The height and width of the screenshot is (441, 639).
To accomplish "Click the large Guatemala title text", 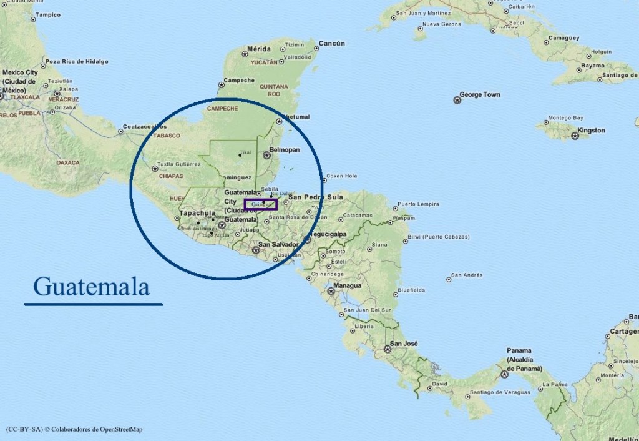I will click(92, 287).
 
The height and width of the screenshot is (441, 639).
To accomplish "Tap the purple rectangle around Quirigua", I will click(260, 204).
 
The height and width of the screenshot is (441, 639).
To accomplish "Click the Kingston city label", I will click(591, 131).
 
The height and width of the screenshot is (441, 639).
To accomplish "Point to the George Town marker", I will click(457, 100).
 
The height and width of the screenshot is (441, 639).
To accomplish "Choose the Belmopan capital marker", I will click(266, 155).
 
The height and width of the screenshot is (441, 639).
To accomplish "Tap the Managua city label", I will click(348, 285).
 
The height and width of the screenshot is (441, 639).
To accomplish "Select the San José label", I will click(404, 344).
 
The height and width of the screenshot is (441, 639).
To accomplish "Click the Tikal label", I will click(245, 152).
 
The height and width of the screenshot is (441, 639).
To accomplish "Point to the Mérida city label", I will click(259, 49).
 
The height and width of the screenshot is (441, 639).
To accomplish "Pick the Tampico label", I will click(48, 14).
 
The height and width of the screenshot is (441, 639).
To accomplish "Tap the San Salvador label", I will click(278, 244).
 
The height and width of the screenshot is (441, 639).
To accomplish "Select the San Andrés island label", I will click(467, 275).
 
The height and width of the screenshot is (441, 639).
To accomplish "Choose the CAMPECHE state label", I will click(222, 108).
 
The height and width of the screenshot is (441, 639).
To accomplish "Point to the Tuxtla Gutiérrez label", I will click(179, 164).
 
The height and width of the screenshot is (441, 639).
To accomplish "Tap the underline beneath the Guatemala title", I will click(94, 304).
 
